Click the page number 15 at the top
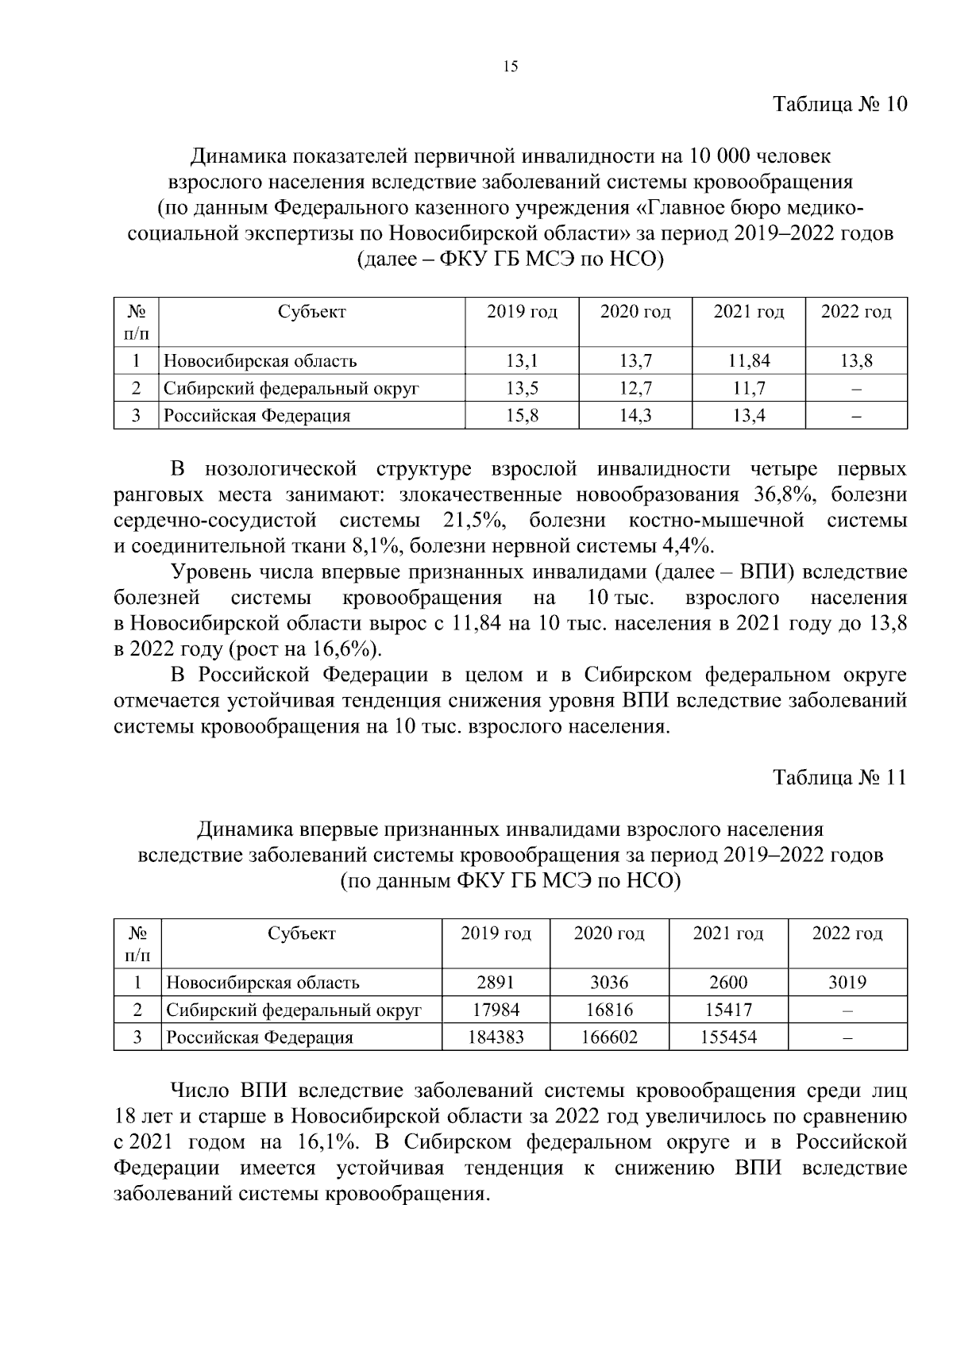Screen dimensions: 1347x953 pos(511,67)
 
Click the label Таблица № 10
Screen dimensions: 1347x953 pos(839,105)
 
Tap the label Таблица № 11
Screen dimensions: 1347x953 pos(839,777)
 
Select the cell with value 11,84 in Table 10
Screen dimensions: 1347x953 pos(749,361)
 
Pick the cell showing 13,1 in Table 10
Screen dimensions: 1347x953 pos(522,361)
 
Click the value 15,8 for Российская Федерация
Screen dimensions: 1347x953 pos(522,415)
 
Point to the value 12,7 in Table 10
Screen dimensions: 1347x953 pos(635,388)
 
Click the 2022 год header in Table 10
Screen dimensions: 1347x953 pos(856,312)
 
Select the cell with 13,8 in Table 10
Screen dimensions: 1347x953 pos(856,361)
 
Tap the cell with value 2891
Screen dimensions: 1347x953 pos(496,983)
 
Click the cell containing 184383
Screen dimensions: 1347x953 pos(496,1037)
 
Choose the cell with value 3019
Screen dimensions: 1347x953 pos(847,983)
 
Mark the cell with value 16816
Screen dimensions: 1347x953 pos(609,1010)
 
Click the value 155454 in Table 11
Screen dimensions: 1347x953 pos(728,1037)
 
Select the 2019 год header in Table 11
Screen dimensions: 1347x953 pos(496,933)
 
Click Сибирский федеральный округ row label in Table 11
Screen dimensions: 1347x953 pos(293,1010)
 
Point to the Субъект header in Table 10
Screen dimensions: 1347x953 pos(312,312)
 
